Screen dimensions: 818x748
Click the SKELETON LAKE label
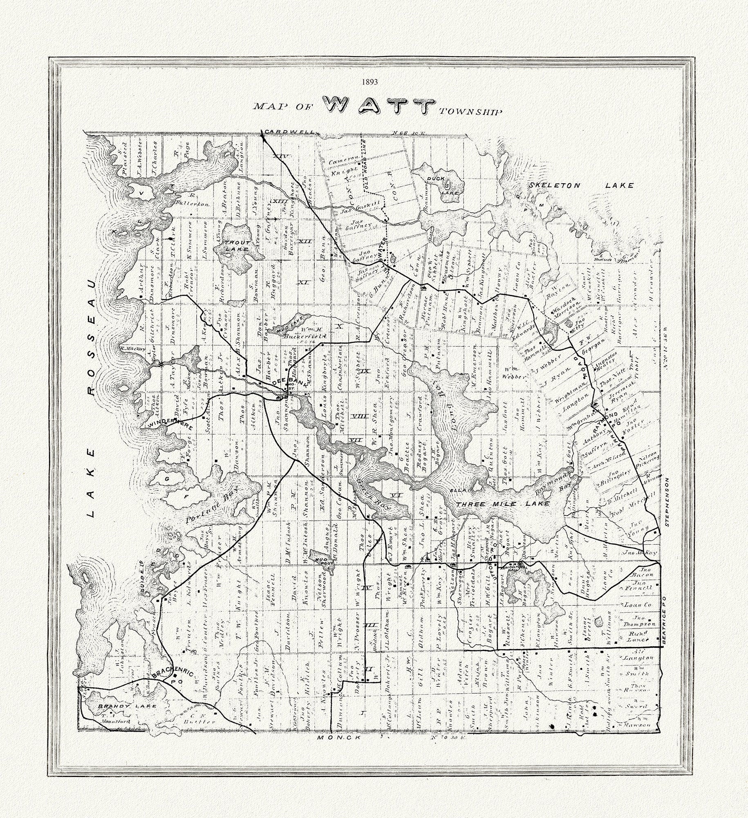pos(581,185)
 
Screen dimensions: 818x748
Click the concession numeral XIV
pos(282,157)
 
